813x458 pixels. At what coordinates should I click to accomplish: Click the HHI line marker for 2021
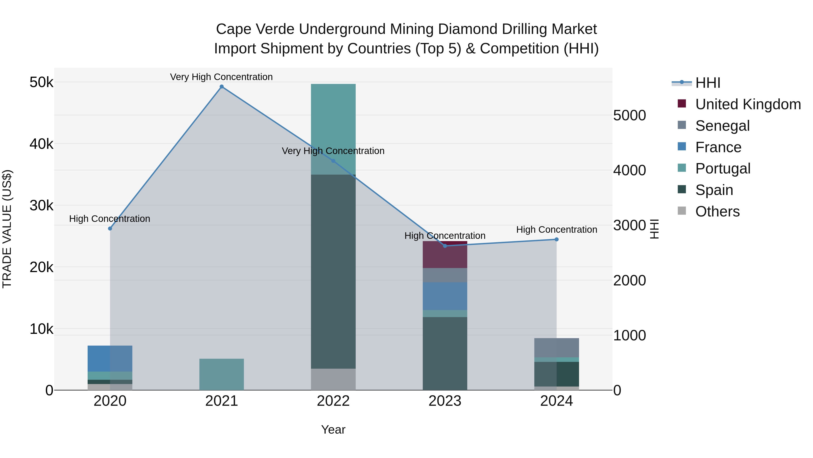[222, 87]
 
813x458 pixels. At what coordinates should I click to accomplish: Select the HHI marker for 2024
[556, 240]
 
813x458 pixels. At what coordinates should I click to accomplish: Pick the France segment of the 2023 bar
[445, 296]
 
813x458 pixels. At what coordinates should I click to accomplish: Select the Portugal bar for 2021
[222, 374]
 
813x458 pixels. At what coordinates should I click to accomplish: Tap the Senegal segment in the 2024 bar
[556, 348]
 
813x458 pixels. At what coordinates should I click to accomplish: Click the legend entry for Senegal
[722, 126]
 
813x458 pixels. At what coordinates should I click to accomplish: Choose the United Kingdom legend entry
[748, 104]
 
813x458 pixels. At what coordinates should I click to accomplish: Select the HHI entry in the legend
[708, 83]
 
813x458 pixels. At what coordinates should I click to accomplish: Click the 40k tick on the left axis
[41, 144]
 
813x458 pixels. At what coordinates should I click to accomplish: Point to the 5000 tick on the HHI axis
[629, 115]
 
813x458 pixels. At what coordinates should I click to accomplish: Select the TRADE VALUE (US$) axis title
[7, 229]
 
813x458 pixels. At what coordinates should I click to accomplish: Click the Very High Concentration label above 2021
[221, 77]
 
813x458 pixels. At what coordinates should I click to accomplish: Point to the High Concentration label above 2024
[556, 230]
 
